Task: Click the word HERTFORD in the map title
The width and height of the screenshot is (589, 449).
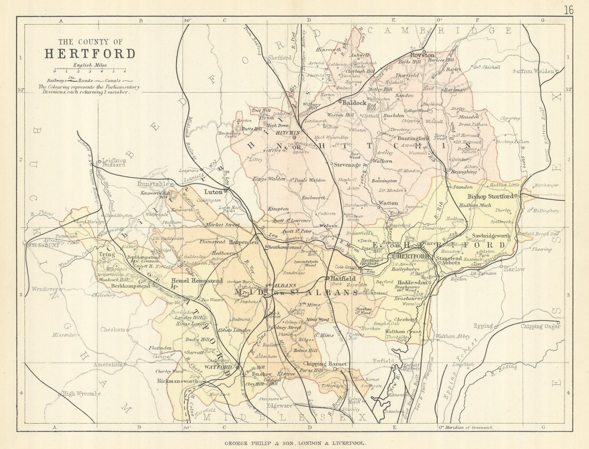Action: (90, 54)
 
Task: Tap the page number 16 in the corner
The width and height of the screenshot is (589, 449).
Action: (568, 10)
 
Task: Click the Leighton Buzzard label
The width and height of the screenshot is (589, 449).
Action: (114, 162)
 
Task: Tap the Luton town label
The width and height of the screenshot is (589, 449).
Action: (214, 192)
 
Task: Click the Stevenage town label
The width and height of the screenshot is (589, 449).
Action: (347, 165)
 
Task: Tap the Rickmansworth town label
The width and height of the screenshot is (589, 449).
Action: (177, 381)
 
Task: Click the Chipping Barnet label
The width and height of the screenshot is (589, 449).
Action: (325, 364)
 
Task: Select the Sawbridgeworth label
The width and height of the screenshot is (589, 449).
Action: (491, 236)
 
